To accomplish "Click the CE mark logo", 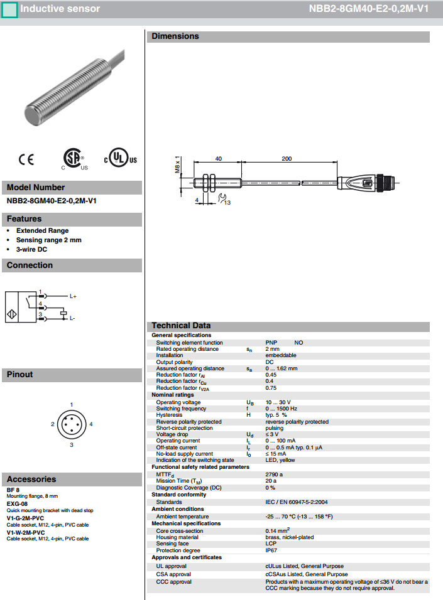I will coord(26,159).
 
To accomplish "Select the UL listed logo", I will coord(120,159).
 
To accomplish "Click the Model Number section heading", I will coord(36,187).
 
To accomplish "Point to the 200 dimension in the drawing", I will coord(287,159).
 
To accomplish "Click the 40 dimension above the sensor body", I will coord(219,159).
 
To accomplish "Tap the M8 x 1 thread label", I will coord(178,166).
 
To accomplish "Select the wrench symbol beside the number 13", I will coord(221,199).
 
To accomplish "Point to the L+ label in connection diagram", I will coord(73,296).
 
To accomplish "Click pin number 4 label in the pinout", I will coord(91,424).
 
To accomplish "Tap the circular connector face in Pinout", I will coord(72,425).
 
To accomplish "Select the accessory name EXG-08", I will coord(17,503).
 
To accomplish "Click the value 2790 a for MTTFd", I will coord(275,474).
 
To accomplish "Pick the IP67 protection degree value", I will coord(271,550).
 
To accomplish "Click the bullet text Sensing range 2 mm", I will coord(49,240).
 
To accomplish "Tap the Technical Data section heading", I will coord(181,326).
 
